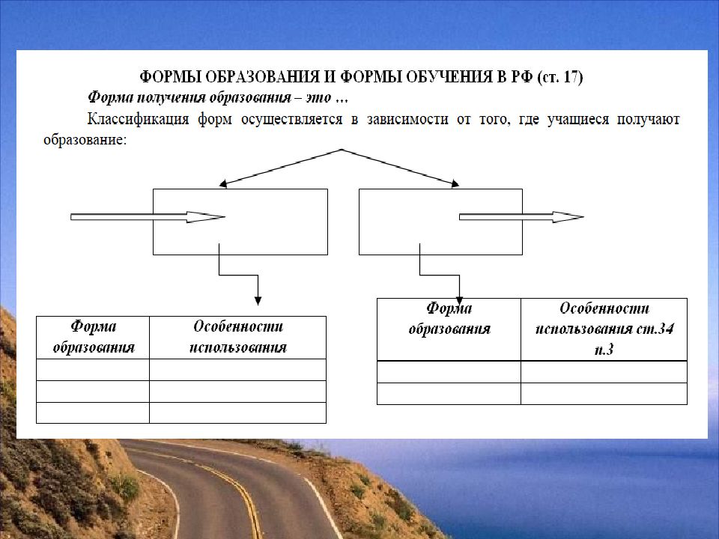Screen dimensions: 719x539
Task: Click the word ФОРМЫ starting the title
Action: (x=170, y=76)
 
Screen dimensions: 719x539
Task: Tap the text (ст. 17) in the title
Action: (x=560, y=76)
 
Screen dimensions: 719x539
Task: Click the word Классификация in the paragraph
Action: (x=138, y=119)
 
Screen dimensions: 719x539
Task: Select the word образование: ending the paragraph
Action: (x=85, y=139)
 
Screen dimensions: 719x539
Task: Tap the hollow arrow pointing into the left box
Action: (x=148, y=217)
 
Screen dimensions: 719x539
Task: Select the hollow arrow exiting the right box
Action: (x=521, y=217)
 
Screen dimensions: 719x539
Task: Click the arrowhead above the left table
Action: (x=258, y=301)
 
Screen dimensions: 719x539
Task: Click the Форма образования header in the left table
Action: (x=94, y=337)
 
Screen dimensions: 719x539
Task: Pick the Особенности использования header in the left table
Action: (x=238, y=337)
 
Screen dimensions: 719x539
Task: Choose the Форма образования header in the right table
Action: (x=449, y=318)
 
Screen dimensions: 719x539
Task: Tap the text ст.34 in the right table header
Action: (x=655, y=329)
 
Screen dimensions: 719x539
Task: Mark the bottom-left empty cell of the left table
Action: (x=93, y=413)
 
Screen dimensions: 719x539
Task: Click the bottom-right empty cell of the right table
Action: (x=604, y=394)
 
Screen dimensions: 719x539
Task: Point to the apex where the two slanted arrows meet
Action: (x=341, y=150)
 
